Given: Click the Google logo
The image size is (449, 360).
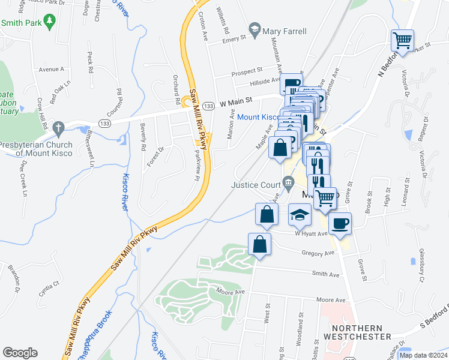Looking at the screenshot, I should click(20, 353).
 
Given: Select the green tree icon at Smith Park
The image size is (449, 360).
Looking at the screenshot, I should click(52, 22).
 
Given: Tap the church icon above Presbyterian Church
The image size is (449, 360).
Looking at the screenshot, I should click(58, 128).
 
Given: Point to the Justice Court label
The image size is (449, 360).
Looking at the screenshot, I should click(256, 184).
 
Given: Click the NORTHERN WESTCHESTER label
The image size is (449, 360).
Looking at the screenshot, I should click(357, 332).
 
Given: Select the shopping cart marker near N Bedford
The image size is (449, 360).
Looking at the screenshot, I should click(402, 41).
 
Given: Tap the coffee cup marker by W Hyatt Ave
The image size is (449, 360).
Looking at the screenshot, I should click(340, 223).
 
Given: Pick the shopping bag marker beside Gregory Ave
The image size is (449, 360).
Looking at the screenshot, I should click(259, 244).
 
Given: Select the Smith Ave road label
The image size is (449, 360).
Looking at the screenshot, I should click(325, 275).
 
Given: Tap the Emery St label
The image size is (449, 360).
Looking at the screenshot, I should click(235, 40).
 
